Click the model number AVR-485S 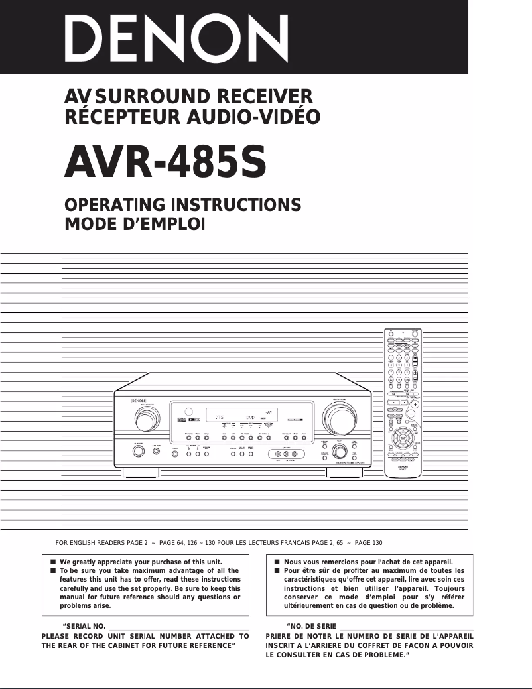[x=165, y=163]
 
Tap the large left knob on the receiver [x=141, y=420]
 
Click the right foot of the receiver [x=344, y=473]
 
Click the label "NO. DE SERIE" [x=311, y=626]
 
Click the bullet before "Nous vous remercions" [x=277, y=561]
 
